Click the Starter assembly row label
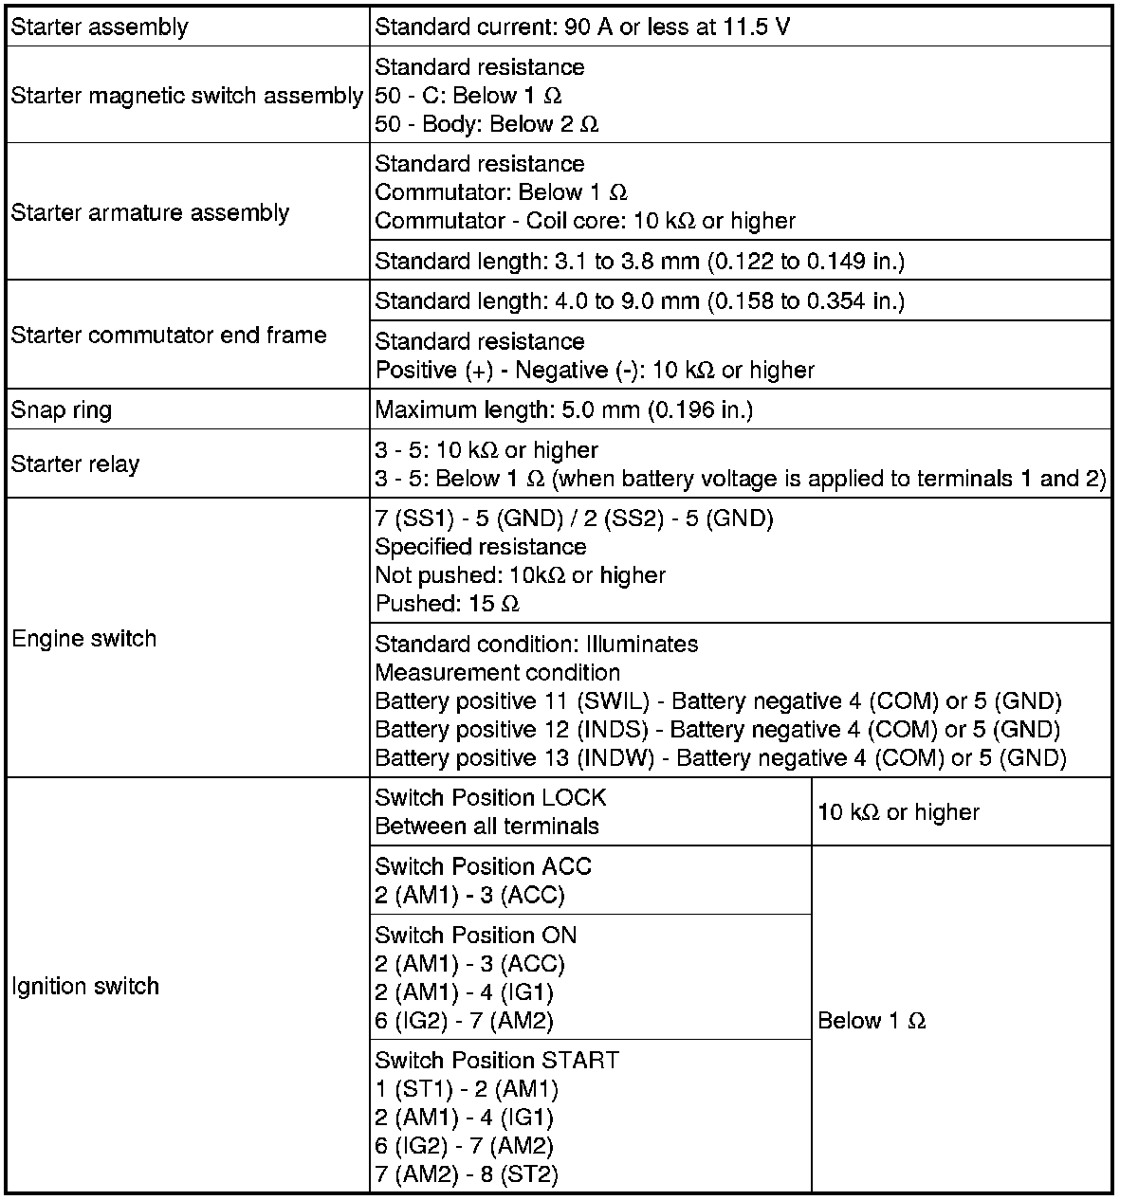pyautogui.click(x=100, y=27)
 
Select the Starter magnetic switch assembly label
pyautogui.click(x=187, y=96)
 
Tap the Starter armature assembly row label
pyautogui.click(x=150, y=212)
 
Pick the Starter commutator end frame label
pyautogui.click(x=169, y=335)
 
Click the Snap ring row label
pyautogui.click(x=62, y=410)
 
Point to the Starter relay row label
pyautogui.click(x=75, y=464)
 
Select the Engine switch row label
pyautogui.click(x=83, y=639)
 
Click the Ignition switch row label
pyautogui.click(x=85, y=987)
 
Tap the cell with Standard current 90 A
pyautogui.click(x=582, y=27)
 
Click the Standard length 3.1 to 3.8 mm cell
pyautogui.click(x=639, y=261)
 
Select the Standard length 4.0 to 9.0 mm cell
pyautogui.click(x=639, y=301)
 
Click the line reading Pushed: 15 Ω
pyautogui.click(x=448, y=604)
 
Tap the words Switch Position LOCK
pyautogui.click(x=490, y=798)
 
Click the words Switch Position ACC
pyautogui.click(x=483, y=866)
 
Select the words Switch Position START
pyautogui.click(x=497, y=1060)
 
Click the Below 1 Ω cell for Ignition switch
pyautogui.click(x=871, y=1021)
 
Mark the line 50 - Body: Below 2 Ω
pyautogui.click(x=486, y=124)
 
